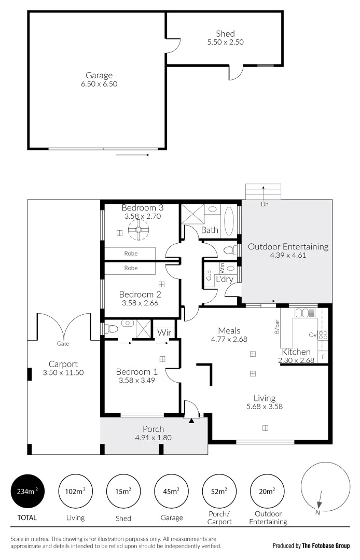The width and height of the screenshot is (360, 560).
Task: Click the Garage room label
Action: [99, 75]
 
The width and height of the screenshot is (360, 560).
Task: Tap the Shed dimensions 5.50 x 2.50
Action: [225, 43]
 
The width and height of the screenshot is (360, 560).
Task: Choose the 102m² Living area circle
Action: [75, 492]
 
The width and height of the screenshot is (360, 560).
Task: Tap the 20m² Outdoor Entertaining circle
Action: [268, 492]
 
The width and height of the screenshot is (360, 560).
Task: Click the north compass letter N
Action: [317, 513]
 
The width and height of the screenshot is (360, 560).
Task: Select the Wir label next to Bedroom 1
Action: [164, 332]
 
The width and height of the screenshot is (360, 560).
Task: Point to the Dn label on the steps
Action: [265, 204]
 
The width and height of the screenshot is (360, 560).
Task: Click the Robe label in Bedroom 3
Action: [131, 254]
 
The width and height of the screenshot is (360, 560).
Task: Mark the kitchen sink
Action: [302, 313]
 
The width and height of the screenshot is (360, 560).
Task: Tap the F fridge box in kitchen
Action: [324, 357]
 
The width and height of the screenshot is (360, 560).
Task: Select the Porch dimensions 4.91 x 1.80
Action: [153, 437]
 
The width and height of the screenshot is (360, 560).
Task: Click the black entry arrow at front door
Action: [191, 421]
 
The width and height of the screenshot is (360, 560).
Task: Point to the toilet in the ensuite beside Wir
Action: [111, 328]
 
